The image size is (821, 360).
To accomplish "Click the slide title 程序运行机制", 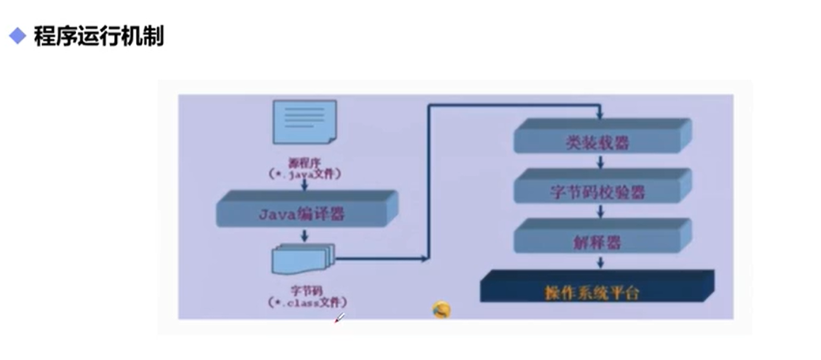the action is [98, 37].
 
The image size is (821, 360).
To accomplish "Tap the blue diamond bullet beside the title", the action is [18, 37].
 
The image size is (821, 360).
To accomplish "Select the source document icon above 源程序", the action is [304, 122].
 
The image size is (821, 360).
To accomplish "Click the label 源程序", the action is [304, 162].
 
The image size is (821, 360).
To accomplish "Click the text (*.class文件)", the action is [307, 302].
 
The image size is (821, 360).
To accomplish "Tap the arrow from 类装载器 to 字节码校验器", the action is [601, 162].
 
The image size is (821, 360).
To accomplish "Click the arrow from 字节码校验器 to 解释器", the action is [601, 211].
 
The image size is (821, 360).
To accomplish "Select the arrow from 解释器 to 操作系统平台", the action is [601, 262].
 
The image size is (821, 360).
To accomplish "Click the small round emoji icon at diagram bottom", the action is [441, 309].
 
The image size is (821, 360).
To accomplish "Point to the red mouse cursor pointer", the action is [338, 319].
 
